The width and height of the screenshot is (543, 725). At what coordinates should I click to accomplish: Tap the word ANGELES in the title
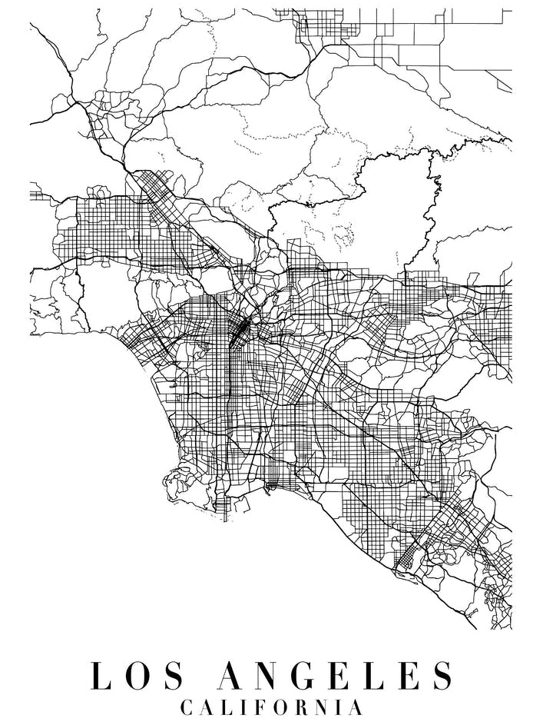coord(336,676)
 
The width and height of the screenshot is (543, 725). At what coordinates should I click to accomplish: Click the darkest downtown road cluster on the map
coord(239,330)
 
